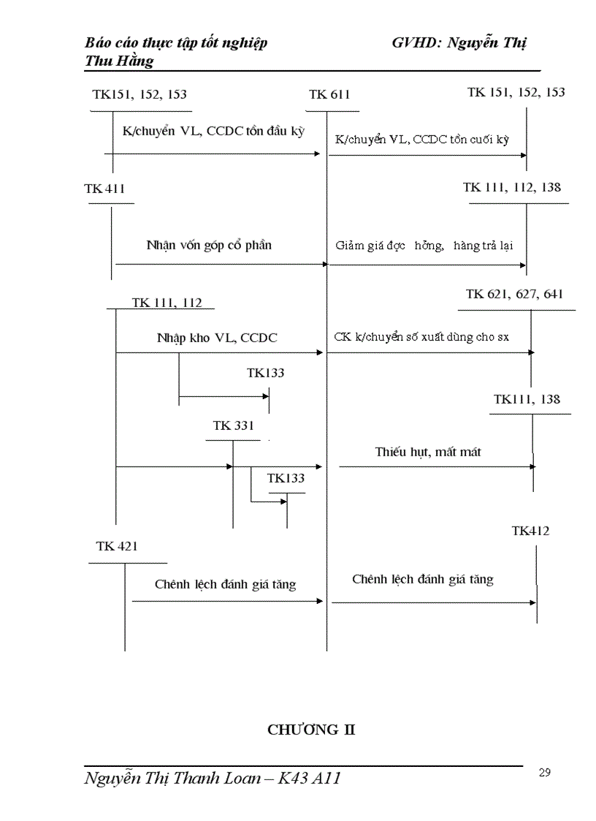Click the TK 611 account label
329,94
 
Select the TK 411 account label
104,189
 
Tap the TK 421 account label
117,546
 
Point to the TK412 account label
530,531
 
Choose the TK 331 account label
233,425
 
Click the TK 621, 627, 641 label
514,294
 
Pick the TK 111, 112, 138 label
512,187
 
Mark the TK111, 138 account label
527,399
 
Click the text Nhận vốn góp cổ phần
209,245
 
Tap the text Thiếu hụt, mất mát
428,452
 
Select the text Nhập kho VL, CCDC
217,338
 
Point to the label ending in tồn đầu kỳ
213,132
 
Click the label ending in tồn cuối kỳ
423,139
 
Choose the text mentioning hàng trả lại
424,246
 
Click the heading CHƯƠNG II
311,730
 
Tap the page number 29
544,773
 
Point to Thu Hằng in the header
119,61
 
